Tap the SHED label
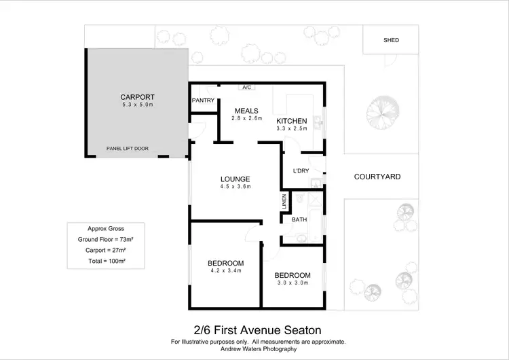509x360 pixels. coord(391,40)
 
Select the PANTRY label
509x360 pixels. coord(203,101)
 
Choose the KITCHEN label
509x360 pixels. coord(292,121)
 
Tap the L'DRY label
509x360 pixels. coord(301,170)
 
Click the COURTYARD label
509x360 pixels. coord(377,177)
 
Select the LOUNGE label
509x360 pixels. coord(235,179)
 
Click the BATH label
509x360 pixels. coord(299,219)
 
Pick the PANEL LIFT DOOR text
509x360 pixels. coord(128,149)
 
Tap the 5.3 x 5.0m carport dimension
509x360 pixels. coord(138,105)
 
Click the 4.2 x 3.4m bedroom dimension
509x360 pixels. coord(225,271)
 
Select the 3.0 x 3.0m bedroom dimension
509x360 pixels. coord(292,283)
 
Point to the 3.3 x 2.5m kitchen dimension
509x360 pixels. coord(292,129)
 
